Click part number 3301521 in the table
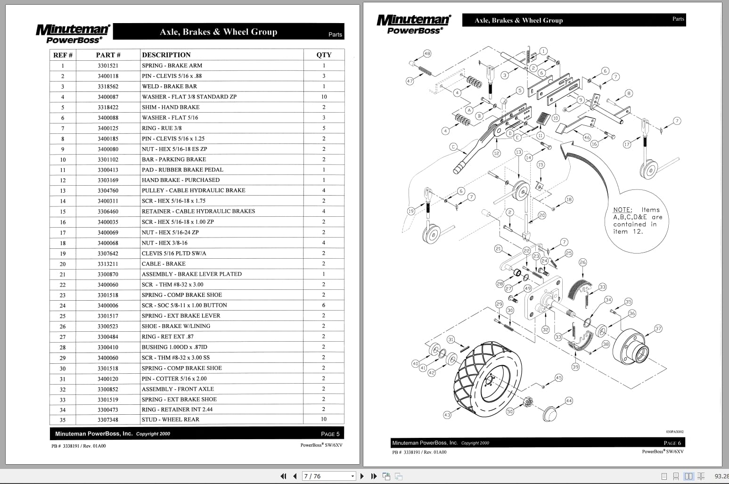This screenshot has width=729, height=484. pyautogui.click(x=108, y=66)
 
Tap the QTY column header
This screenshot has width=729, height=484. pyautogui.click(x=324, y=55)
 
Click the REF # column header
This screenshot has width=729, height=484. pyautogui.click(x=63, y=55)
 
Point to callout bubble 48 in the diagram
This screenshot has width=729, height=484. pyautogui.click(x=427, y=54)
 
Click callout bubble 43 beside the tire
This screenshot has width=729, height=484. pyautogui.click(x=447, y=415)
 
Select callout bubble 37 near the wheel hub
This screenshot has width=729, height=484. pyautogui.click(x=658, y=328)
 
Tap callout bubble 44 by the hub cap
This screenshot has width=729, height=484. pyautogui.click(x=569, y=401)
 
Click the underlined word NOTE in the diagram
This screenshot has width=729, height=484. pyautogui.click(x=622, y=210)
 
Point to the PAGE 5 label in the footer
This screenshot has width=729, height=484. pyautogui.click(x=330, y=434)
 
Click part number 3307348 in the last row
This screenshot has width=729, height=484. pyautogui.click(x=108, y=419)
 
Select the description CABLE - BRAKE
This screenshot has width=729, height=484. pyautogui.click(x=164, y=264)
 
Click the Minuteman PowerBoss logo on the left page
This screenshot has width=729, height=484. pyautogui.click(x=73, y=33)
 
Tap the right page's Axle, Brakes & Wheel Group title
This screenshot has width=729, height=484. pyautogui.click(x=518, y=20)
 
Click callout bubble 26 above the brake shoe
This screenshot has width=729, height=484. pyautogui.click(x=583, y=262)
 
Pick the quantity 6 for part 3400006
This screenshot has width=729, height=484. pyautogui.click(x=324, y=305)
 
